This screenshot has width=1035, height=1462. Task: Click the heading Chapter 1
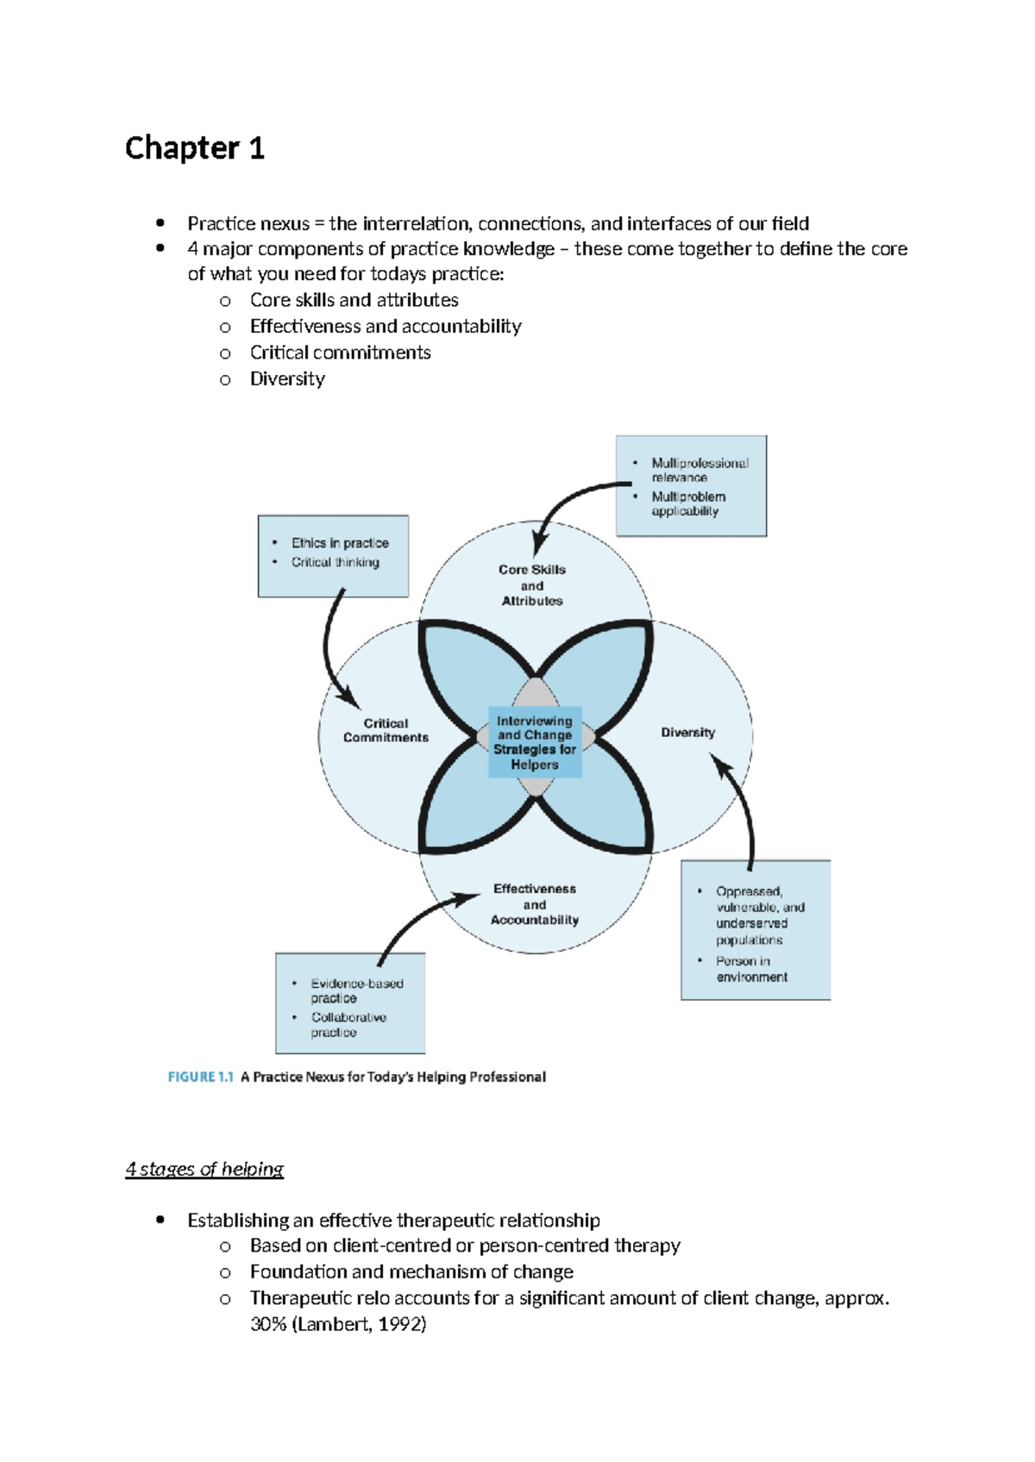(x=194, y=148)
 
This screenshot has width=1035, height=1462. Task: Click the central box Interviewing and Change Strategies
(x=535, y=742)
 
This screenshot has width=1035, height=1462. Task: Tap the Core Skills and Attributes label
(x=532, y=585)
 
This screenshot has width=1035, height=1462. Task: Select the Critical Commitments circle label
(x=386, y=730)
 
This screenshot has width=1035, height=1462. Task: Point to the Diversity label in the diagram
(x=687, y=732)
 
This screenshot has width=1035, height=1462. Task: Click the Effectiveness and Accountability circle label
(x=535, y=904)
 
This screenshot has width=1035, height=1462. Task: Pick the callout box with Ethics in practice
(x=333, y=556)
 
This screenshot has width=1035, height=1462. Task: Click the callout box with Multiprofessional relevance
(x=691, y=486)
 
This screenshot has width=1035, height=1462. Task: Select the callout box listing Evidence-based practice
(x=350, y=1003)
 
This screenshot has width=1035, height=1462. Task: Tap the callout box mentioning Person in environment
(x=756, y=930)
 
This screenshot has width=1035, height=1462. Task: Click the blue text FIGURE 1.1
(x=200, y=1077)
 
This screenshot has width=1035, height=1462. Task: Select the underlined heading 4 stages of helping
(x=204, y=1169)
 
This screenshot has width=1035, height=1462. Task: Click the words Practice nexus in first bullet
(x=248, y=224)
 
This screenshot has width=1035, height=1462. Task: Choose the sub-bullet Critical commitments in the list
(x=340, y=353)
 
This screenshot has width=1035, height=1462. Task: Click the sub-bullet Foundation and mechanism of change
(x=411, y=1271)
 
